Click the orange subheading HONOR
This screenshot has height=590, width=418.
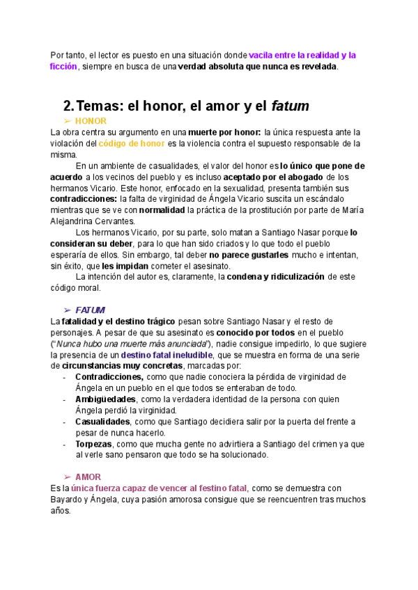91,121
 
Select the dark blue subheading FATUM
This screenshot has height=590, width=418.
91,310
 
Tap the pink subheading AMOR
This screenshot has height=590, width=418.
88,477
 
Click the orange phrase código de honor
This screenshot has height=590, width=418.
132,143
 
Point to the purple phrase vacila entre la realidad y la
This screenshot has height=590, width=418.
302,55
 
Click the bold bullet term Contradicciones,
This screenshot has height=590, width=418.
109,377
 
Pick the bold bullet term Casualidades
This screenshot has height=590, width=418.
102,422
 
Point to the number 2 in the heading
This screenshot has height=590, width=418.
68,106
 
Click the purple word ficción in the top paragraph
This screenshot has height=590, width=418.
63,66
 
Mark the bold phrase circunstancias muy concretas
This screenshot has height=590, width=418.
122,366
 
